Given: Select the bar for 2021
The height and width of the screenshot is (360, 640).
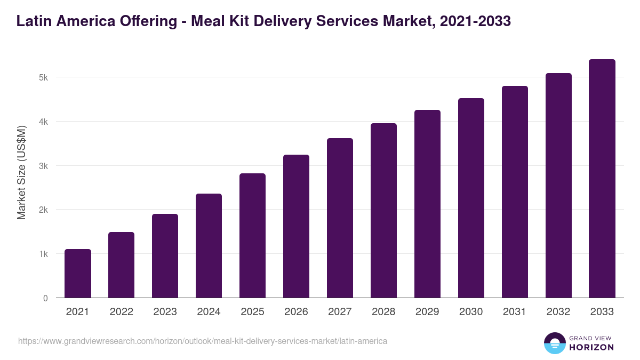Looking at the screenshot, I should [78, 274].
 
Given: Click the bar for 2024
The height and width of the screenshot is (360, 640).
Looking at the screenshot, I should [209, 246].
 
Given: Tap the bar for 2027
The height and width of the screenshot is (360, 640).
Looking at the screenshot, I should [340, 218].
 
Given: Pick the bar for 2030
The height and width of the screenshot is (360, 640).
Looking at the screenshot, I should [471, 198].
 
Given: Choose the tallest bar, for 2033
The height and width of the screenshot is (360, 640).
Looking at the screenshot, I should [602, 179].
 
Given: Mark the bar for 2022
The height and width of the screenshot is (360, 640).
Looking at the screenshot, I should [122, 265].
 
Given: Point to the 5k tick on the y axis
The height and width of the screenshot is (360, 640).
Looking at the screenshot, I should [43, 77].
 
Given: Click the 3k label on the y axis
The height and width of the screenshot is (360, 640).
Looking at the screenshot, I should [43, 166].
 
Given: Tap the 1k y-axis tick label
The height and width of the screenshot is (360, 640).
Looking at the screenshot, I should [43, 254].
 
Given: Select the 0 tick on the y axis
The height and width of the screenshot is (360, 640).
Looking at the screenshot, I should [45, 298].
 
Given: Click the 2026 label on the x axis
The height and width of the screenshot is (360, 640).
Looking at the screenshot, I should [296, 312].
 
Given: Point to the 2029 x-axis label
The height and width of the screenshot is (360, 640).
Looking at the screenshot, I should [427, 312].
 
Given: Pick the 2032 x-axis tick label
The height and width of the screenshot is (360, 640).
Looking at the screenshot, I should [558, 312].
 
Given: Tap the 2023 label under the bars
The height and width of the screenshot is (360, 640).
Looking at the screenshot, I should [165, 312].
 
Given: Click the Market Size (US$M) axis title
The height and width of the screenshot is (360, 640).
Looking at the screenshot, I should [21, 173].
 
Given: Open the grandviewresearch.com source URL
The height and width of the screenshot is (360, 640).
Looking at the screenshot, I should [203, 341].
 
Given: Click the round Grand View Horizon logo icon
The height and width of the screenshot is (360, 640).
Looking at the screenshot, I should [555, 343].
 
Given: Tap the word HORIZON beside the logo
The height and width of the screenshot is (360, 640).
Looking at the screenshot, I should [592, 348].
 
